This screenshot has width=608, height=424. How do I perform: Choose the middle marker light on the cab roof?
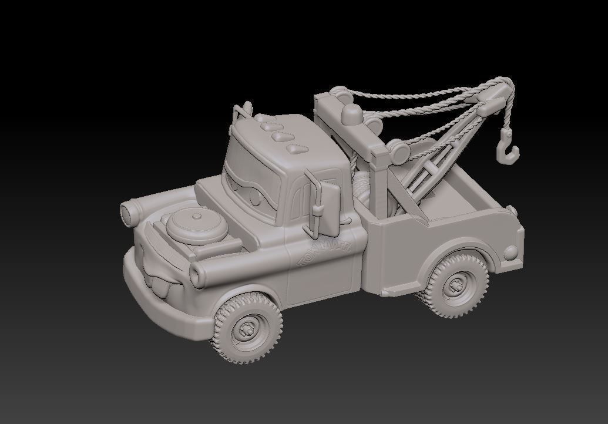pyautogui.click(x=277, y=135)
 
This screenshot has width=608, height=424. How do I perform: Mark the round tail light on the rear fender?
pyautogui.click(x=511, y=253)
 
